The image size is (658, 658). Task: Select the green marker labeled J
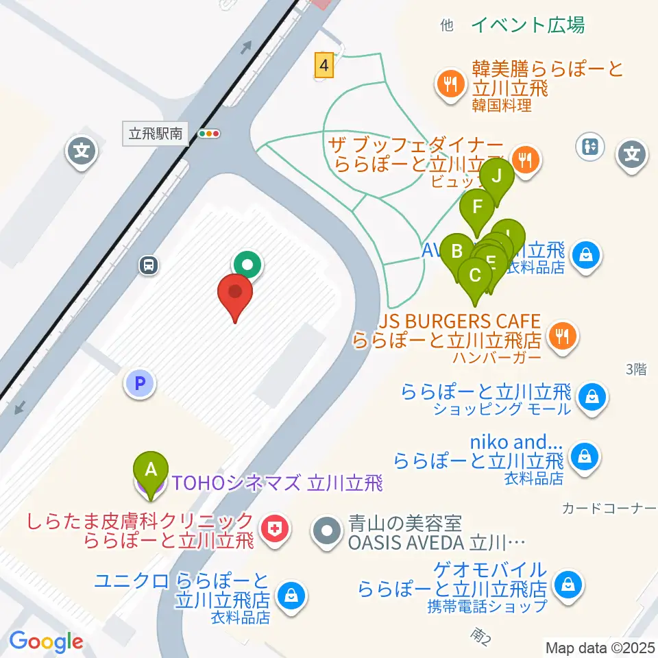point(498,176)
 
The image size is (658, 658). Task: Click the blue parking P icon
point(141,384)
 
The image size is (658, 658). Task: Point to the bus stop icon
point(148,264)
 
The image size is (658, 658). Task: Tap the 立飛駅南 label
point(156,134)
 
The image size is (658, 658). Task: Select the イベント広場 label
point(528,25)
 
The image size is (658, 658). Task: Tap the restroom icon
point(590,146)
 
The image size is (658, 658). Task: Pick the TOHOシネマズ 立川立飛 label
point(276,484)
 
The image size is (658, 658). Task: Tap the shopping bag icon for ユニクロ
point(292,594)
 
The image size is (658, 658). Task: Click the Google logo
point(46,642)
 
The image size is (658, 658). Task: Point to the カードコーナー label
point(609,508)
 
